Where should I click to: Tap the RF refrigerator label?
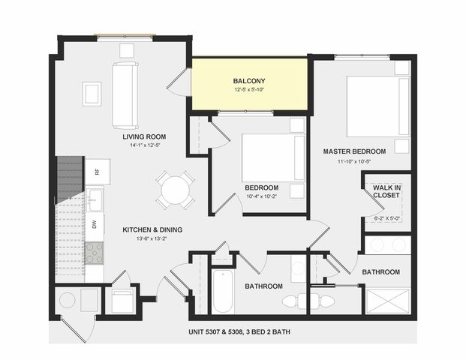click(97, 172)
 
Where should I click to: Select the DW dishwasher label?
click(95, 225)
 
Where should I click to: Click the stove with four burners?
click(95, 253)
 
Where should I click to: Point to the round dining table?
click(176, 190)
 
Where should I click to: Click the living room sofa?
click(125, 95)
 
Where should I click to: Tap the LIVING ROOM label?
click(144, 136)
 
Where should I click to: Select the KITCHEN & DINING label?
click(152, 229)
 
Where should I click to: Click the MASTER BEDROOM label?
click(354, 151)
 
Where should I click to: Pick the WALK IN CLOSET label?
click(386, 191)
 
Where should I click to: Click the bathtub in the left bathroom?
click(223, 291)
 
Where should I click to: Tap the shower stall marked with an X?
click(387, 301)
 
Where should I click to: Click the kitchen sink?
click(95, 199)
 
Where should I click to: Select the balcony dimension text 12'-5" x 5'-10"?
click(249, 89)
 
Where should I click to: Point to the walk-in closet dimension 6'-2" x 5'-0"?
click(386, 218)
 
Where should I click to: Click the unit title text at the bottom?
click(239, 331)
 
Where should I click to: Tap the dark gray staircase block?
click(70, 179)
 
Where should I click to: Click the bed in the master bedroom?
click(378, 106)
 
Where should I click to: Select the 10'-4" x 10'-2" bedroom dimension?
click(262, 196)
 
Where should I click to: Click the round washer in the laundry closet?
click(68, 300)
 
